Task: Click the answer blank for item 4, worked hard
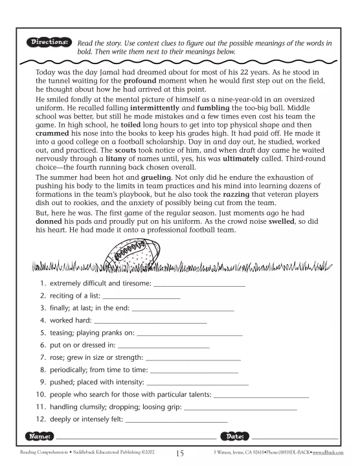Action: pos(150,321)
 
